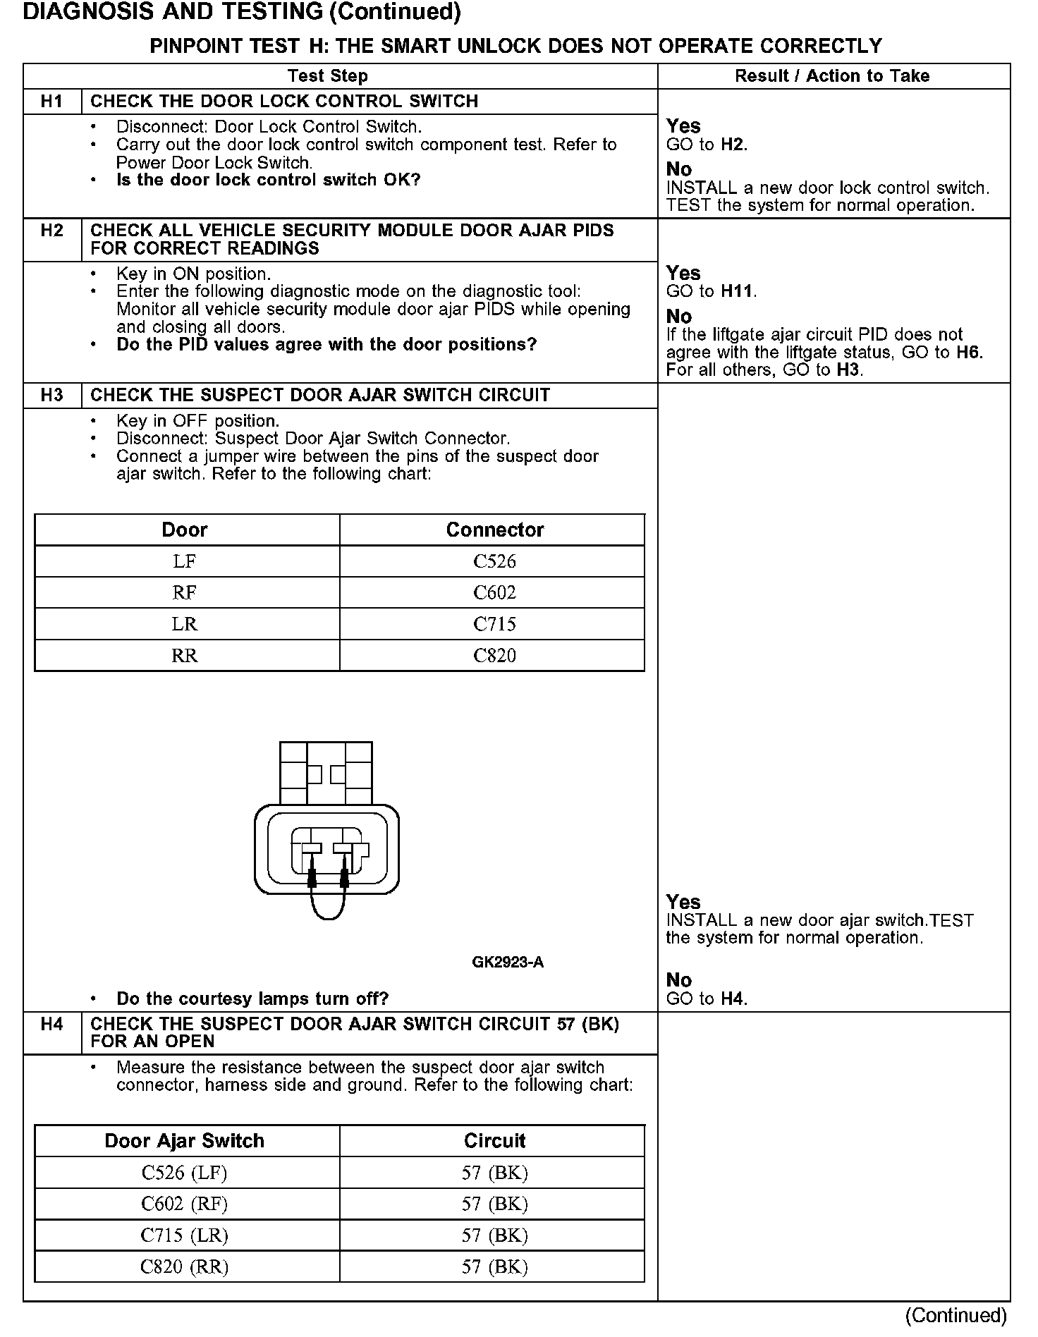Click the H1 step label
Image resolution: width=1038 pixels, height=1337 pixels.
click(52, 102)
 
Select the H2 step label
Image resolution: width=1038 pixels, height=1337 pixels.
click(52, 231)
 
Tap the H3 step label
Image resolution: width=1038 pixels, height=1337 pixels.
click(52, 396)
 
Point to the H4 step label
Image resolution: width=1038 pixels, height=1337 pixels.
click(52, 1025)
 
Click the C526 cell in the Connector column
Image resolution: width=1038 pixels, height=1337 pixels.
click(494, 562)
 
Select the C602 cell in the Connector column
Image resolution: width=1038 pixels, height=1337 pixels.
click(494, 593)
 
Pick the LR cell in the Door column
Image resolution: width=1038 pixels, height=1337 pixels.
click(185, 625)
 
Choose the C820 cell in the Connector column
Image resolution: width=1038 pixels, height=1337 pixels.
click(494, 656)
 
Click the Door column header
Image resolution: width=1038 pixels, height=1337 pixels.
click(185, 530)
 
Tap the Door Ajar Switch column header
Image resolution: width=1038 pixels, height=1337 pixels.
click(185, 1141)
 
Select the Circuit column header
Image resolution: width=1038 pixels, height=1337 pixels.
click(494, 1141)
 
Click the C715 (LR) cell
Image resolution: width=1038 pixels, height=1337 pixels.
click(185, 1235)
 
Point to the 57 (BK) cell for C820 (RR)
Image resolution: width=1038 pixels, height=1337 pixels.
click(494, 1267)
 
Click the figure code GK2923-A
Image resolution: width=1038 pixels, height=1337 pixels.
click(508, 963)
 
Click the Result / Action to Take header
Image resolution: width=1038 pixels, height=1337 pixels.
click(832, 76)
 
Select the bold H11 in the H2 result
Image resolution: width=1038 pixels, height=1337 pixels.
click(738, 291)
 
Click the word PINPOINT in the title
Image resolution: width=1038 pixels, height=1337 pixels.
click(195, 47)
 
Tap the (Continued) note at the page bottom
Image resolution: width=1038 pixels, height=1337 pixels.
click(956, 1316)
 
